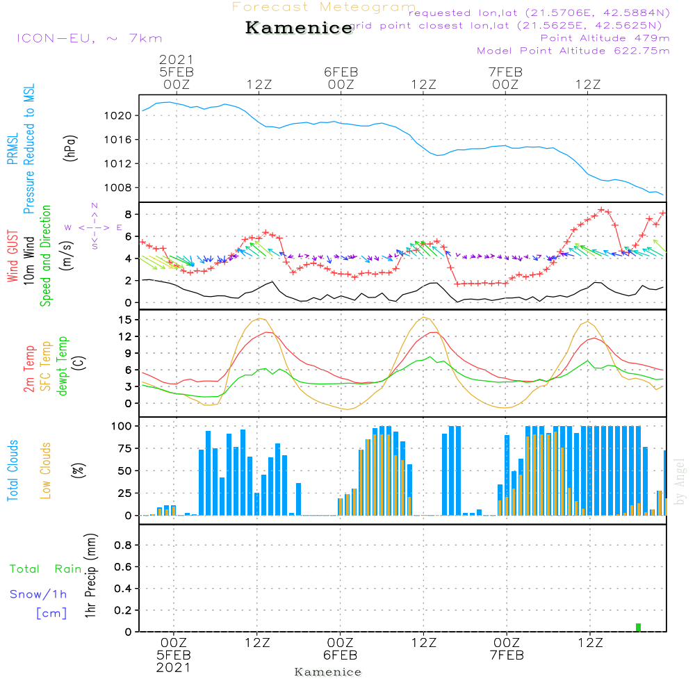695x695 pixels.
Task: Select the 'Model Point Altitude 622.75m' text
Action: pos(573,51)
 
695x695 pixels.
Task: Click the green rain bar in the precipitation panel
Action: pos(638,628)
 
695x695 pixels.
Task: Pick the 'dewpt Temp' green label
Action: pos(63,366)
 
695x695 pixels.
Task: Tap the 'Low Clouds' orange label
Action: pos(46,470)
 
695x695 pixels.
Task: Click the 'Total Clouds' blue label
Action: pos(13,470)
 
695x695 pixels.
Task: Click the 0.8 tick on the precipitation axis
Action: pos(123,545)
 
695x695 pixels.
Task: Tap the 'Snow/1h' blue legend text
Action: pos(38,594)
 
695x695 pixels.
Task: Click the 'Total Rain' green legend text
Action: pos(45,569)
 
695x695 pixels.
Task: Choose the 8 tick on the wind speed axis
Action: pos(128,213)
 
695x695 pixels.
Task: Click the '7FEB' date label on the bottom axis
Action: pos(507,655)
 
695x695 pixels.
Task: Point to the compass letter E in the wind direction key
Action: pos(120,227)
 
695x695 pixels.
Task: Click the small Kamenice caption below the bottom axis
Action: pos(328,672)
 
